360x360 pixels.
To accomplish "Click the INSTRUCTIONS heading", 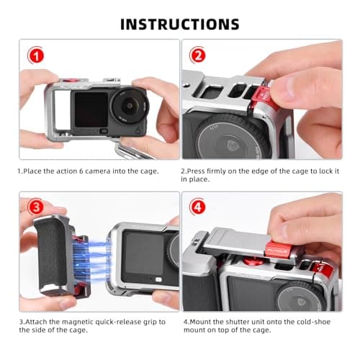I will [180, 23].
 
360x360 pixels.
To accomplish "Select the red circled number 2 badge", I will [196, 55].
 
